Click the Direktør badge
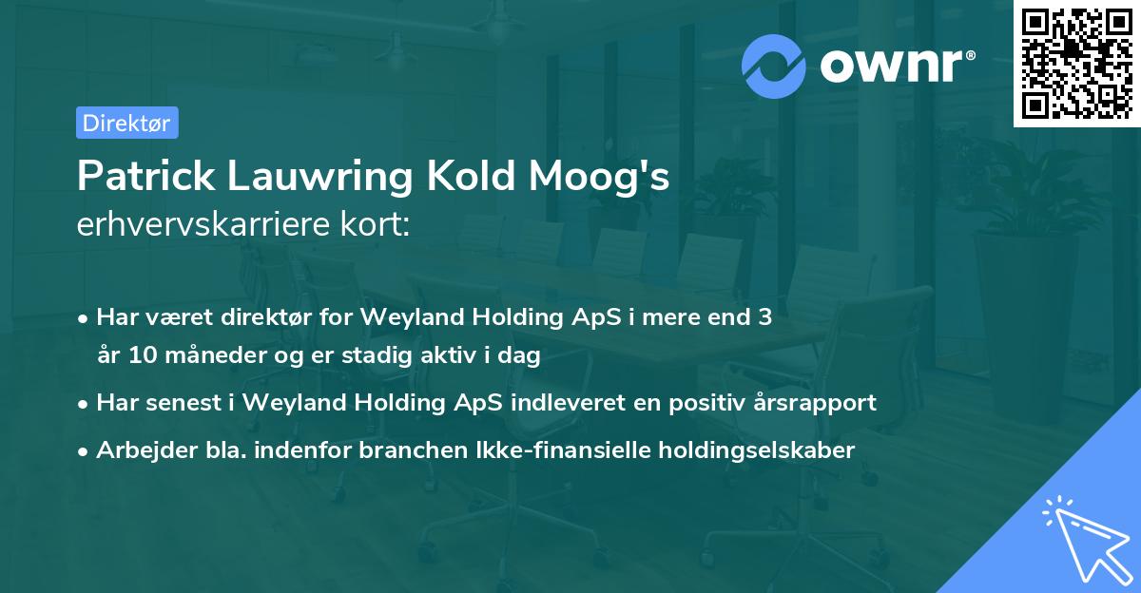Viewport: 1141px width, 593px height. point(126,123)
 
